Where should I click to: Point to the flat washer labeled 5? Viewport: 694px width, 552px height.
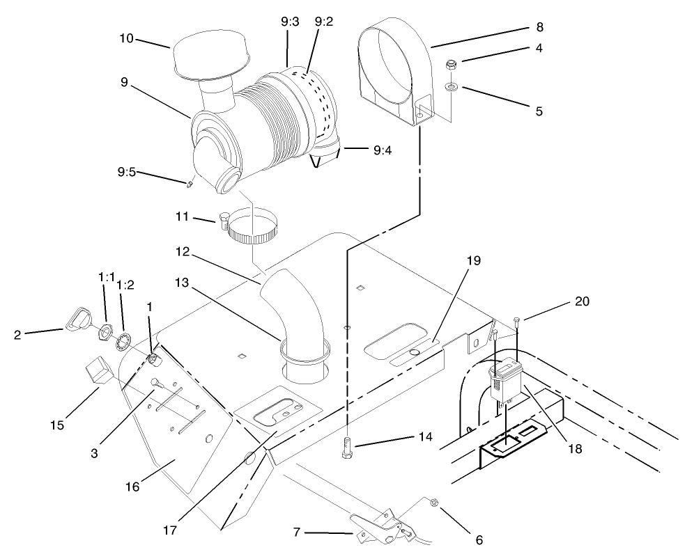(x=451, y=88)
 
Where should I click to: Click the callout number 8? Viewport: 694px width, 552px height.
(x=539, y=27)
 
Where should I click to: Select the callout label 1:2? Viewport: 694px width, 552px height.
(x=125, y=285)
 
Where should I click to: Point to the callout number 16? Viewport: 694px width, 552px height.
(x=132, y=487)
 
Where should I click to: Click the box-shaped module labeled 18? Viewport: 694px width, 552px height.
(x=507, y=382)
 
